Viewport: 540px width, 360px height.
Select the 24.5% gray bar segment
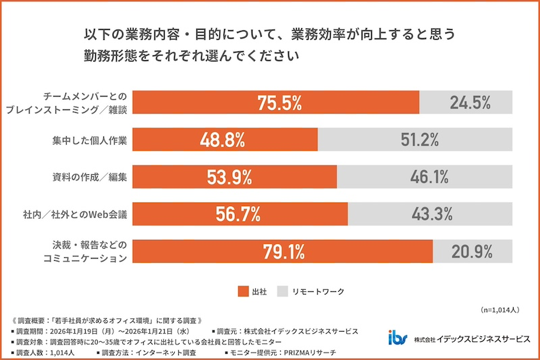466,103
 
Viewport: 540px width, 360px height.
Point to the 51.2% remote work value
416,140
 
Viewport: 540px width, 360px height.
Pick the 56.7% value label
238,214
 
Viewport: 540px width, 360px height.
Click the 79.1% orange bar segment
282,251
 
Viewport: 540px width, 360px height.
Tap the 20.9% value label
473,251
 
